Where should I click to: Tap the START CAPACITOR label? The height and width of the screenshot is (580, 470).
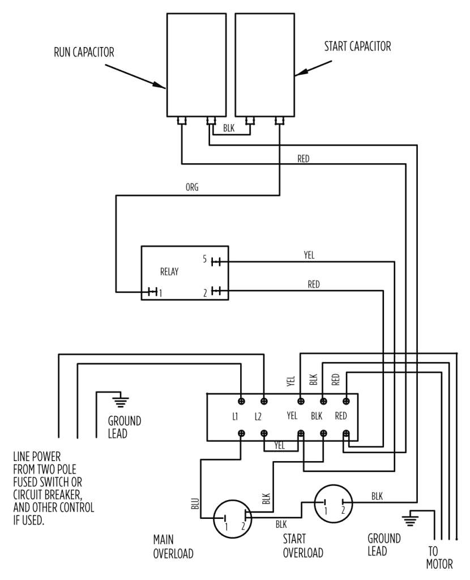[357, 46]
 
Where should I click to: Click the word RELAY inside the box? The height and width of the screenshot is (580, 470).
[169, 272]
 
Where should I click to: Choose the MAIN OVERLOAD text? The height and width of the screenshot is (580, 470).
[173, 545]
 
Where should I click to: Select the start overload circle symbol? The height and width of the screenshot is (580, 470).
[334, 502]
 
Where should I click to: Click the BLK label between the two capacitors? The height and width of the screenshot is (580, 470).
[229, 129]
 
